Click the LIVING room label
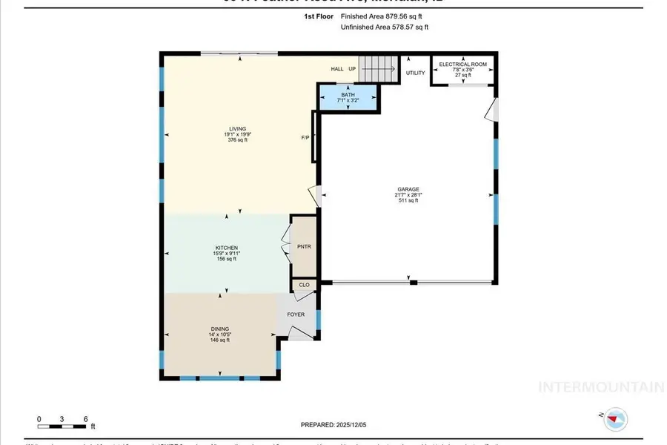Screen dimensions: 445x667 tap(237, 128)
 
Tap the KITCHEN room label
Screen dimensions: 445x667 tap(226, 248)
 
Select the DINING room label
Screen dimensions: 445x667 tap(219, 329)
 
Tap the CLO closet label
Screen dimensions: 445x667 tap(304, 284)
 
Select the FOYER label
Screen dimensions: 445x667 tap(296, 314)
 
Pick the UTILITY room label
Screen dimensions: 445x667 tap(416, 73)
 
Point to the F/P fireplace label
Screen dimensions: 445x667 tap(305, 138)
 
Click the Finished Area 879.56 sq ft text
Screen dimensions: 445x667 tap(384, 16)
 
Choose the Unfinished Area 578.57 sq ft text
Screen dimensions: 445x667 tap(384, 27)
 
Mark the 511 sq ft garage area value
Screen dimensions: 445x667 tap(408, 200)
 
